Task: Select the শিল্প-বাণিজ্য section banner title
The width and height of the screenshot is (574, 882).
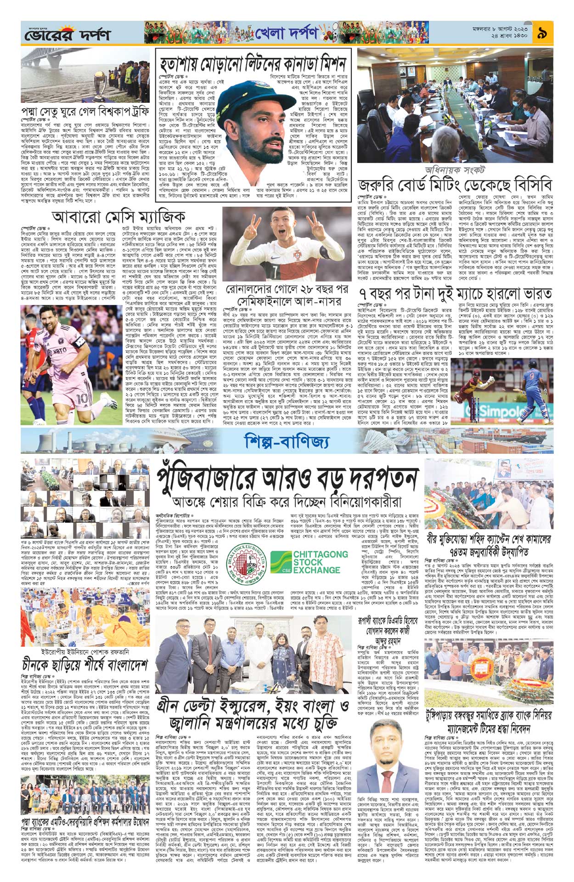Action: (287, 441)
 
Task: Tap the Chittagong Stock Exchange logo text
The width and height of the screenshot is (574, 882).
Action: (315, 562)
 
